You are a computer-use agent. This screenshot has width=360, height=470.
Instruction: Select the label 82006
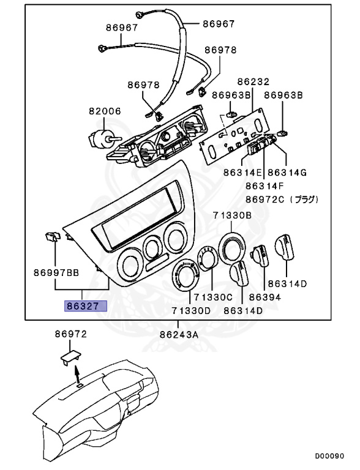click(105, 112)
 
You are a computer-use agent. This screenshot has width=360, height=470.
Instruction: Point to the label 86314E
click(242, 173)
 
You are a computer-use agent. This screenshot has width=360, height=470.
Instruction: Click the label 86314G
click(287, 173)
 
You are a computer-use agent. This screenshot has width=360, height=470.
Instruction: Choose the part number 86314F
click(265, 186)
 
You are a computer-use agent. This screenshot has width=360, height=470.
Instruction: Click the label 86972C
click(265, 200)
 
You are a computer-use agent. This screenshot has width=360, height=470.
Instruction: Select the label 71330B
click(232, 215)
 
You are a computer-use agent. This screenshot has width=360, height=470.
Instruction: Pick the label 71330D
click(191, 311)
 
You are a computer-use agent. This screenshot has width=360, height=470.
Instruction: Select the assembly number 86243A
click(179, 334)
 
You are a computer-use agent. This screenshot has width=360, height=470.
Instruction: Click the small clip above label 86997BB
click(52, 236)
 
